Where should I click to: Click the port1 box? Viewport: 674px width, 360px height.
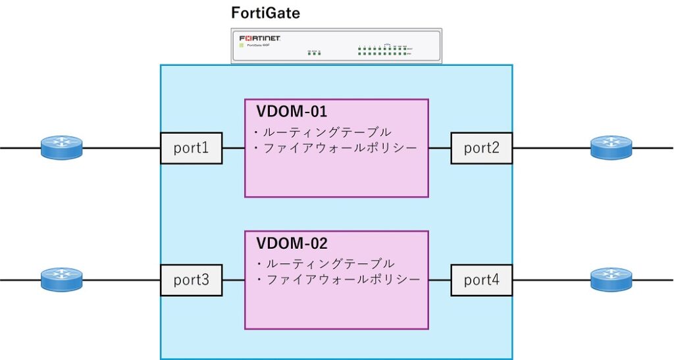(192, 148)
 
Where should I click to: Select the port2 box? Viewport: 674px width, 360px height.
(481, 148)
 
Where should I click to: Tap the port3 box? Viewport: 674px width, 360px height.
(192, 280)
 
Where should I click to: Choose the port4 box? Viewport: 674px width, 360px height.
(481, 280)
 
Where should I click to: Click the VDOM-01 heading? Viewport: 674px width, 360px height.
(292, 111)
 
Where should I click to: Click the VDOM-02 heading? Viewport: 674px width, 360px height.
(292, 243)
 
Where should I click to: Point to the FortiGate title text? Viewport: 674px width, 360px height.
(265, 13)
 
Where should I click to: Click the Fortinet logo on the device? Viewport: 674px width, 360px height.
(260, 38)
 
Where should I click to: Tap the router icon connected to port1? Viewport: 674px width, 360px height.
(62, 147)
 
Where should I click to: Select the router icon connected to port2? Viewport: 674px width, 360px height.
(611, 147)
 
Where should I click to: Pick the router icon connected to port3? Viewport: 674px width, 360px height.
(62, 280)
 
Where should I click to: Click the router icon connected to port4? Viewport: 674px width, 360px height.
(611, 280)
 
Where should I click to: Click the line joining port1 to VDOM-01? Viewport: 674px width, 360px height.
(233, 148)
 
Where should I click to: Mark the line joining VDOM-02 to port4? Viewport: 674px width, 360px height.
(440, 280)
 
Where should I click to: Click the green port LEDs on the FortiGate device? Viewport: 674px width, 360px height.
(382, 51)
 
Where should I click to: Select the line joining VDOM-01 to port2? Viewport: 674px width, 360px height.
(440, 148)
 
